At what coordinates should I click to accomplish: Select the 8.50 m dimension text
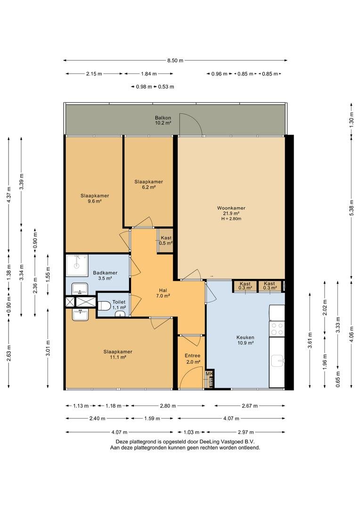click(175, 60)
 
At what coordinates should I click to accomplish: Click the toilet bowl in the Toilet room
click(104, 306)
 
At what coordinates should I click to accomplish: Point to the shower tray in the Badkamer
click(77, 265)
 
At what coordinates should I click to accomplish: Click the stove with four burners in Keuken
click(277, 328)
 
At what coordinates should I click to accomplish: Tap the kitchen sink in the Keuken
click(278, 361)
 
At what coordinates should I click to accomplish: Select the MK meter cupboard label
click(209, 374)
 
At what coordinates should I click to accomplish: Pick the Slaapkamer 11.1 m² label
click(118, 354)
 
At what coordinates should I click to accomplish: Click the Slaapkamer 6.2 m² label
click(149, 184)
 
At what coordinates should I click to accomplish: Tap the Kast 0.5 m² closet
click(165, 240)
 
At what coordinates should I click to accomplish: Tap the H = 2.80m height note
click(231, 219)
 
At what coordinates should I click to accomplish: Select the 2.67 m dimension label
click(249, 406)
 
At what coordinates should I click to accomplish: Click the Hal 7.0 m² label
click(163, 293)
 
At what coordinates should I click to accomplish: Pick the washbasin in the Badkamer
click(80, 288)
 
